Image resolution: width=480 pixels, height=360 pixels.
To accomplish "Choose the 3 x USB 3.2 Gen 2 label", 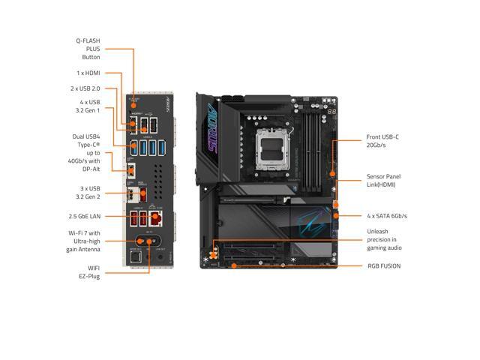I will pos(87,193).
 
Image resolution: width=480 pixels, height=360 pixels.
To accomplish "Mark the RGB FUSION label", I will pos(383,265).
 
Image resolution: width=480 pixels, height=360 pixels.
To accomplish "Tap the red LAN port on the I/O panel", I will pos(154,218).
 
